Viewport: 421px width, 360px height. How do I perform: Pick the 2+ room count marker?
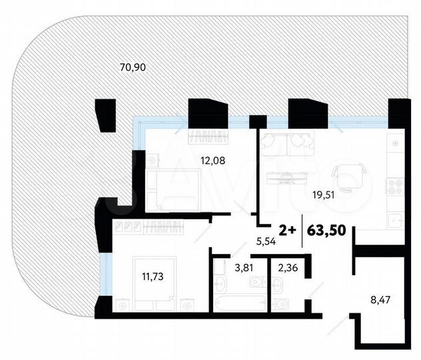[x=287, y=231]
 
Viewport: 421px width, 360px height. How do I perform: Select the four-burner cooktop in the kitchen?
[x=394, y=187]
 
